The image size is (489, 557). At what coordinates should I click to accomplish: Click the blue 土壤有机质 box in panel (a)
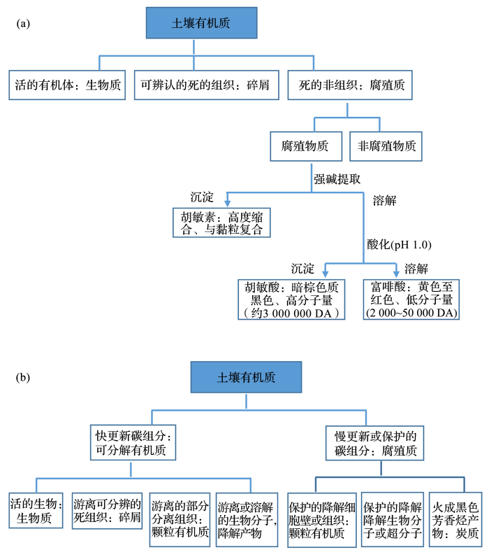[x=200, y=24]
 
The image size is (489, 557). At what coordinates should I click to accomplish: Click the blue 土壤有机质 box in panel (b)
[x=245, y=377]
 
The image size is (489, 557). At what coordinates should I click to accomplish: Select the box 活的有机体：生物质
[x=68, y=86]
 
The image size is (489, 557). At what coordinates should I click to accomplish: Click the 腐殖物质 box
[x=306, y=146]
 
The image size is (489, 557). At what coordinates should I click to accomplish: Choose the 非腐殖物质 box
[x=386, y=146]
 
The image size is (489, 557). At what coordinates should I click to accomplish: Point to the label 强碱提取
[x=337, y=179]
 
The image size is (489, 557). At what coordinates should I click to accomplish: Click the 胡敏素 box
[x=221, y=223]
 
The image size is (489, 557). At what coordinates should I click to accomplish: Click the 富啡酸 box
[x=411, y=299]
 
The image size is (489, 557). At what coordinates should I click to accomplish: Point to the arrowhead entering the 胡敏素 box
[x=227, y=202]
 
